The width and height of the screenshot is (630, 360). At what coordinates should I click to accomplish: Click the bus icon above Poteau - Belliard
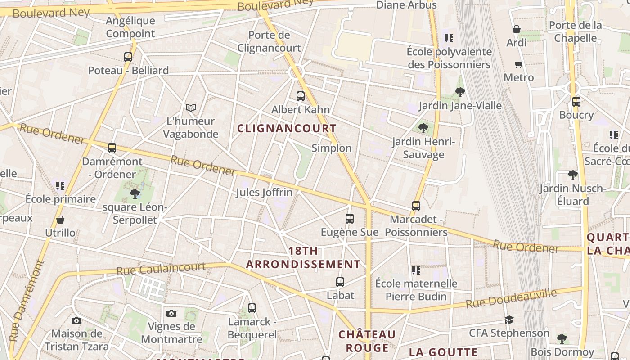point(128,57)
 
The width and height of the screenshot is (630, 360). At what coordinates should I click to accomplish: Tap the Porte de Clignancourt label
point(269,41)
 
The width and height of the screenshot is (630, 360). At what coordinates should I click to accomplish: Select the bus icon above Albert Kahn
point(301,96)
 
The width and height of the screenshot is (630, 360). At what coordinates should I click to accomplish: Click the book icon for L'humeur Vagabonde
point(191,108)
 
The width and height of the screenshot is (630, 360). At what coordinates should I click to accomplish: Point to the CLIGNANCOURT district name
point(287,128)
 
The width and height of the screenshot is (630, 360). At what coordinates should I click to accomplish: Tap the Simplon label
point(332,148)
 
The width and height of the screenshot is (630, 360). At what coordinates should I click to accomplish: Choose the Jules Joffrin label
point(264,193)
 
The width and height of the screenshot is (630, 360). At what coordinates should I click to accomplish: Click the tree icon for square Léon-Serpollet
point(135,194)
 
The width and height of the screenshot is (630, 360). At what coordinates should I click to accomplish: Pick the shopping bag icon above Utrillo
point(60,220)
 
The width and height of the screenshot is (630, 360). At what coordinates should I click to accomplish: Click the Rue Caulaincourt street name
point(161,269)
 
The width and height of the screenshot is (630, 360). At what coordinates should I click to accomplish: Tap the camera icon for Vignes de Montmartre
point(171,313)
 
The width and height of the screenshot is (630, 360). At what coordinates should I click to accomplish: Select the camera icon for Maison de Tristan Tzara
point(76,320)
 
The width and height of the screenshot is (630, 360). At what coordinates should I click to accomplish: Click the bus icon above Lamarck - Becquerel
point(252,308)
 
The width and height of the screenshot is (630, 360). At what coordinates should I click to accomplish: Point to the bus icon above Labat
point(340,282)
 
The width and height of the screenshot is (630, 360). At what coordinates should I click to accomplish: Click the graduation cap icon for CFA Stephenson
point(509,319)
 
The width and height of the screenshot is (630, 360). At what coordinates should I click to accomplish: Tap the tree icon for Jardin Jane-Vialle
point(460,92)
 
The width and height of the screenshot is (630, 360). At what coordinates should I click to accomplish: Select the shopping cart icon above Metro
point(519,64)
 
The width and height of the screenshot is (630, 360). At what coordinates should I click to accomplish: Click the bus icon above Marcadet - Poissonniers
point(416,206)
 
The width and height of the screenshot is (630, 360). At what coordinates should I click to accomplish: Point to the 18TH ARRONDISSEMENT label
point(303,257)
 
